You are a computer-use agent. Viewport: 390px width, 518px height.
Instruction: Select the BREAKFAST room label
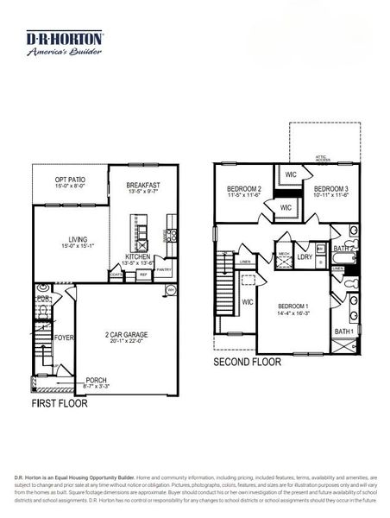point(143,185)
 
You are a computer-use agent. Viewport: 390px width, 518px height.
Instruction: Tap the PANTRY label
point(162,270)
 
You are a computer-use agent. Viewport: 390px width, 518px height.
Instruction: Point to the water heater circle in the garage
point(171,290)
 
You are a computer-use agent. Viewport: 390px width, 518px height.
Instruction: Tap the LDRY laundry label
point(304,256)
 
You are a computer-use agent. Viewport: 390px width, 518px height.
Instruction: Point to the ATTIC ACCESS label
point(323,159)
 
